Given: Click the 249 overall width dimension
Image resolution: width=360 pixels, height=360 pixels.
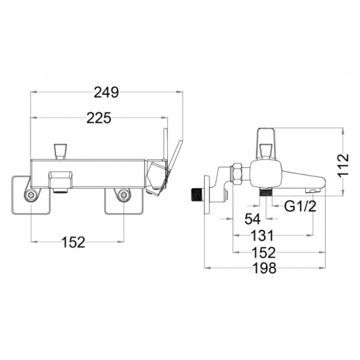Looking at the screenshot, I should coord(106,92).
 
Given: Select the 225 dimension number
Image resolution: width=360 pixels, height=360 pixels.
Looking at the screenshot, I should coord(99,118).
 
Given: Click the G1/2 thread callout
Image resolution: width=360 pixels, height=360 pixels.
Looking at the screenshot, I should coord(300,207).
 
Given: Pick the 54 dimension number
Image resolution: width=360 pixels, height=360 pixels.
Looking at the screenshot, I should coord(252,219).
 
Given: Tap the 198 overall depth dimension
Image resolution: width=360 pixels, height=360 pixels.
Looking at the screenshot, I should coord(265,268).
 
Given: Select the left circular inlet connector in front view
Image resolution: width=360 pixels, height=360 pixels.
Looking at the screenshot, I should coord(32,196).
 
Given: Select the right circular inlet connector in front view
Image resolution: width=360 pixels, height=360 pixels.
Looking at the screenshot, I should coord(124,196).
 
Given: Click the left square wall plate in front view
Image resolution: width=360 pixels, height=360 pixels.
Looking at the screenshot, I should coord(30,195).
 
